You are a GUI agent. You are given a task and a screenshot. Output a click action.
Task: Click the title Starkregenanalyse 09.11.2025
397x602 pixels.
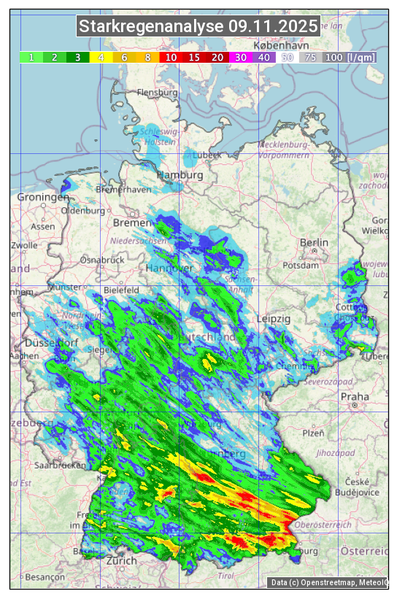(198, 27)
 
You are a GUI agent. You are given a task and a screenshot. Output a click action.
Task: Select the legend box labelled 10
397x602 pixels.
(171, 57)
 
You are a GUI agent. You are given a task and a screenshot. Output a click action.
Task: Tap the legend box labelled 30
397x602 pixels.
(241, 57)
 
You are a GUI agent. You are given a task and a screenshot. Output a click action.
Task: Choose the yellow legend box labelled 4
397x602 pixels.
(101, 57)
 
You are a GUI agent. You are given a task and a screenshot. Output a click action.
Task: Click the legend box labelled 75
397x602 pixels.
(310, 57)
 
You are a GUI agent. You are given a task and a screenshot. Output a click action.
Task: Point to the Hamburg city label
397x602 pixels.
(180, 176)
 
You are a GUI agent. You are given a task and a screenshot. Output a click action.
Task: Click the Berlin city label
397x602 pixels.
(314, 243)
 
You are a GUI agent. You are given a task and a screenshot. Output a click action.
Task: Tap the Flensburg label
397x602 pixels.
(158, 93)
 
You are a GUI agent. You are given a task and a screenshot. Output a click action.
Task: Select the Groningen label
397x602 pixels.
(42, 198)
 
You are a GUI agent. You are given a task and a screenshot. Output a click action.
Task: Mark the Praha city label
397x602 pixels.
(355, 397)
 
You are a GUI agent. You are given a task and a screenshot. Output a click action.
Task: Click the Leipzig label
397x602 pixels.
(274, 320)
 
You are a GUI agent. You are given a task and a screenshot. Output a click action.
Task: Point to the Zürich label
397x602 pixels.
(121, 561)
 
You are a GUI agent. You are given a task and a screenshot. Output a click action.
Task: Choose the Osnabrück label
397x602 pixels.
(99, 260)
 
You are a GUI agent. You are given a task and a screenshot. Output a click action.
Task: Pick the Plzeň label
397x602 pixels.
(313, 433)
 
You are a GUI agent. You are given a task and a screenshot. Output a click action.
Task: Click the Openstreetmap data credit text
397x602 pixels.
(328, 582)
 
